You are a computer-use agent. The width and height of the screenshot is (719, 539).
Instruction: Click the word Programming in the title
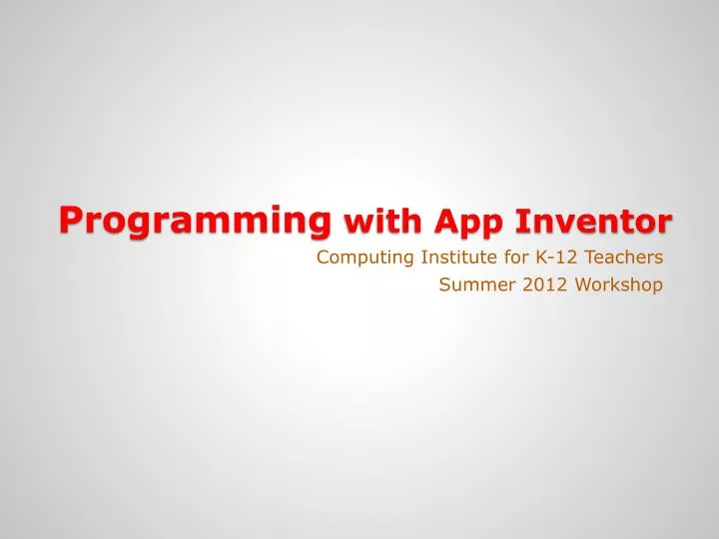(195, 219)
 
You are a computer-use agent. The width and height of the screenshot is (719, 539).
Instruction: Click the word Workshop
(618, 285)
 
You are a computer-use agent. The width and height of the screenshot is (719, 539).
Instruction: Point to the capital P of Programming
(69, 217)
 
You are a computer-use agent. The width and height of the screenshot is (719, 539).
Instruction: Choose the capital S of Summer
(444, 285)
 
